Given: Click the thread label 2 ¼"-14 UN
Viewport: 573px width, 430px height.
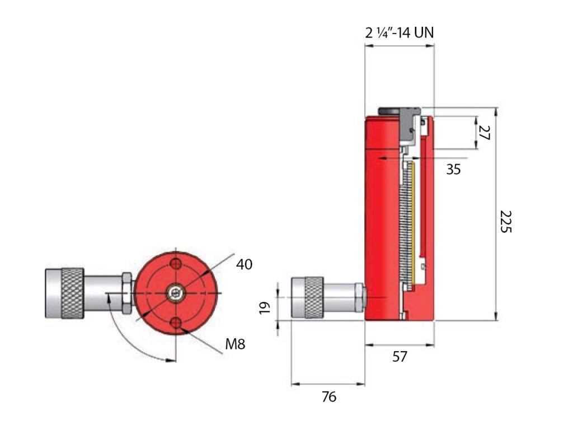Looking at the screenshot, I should (x=400, y=33).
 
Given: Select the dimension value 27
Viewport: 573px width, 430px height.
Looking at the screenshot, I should (x=485, y=133).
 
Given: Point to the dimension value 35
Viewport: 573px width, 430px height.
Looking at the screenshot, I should (x=453, y=169).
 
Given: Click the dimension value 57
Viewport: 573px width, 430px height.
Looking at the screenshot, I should (x=399, y=356).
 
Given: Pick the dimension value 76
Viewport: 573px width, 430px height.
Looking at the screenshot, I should (x=329, y=397).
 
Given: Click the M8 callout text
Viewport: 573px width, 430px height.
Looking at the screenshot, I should (x=235, y=344).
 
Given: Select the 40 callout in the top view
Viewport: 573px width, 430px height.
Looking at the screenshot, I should (x=245, y=264).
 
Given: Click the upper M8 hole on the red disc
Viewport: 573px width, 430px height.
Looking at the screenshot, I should (x=177, y=264).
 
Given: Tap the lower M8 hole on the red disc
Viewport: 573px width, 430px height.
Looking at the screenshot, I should (x=177, y=322).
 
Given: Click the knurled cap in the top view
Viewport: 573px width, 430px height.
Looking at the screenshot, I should (x=72, y=293).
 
